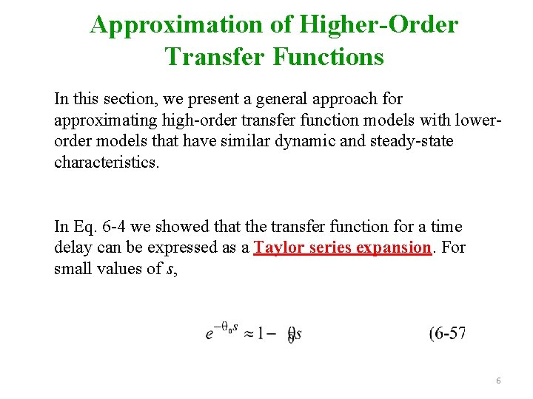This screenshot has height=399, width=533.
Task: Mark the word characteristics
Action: coord(106,162)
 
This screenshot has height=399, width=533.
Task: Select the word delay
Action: coord(73,248)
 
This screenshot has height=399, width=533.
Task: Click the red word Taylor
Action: coord(279,248)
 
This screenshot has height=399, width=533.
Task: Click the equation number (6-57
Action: coord(447,333)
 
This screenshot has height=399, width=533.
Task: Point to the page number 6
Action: coord(498,381)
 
